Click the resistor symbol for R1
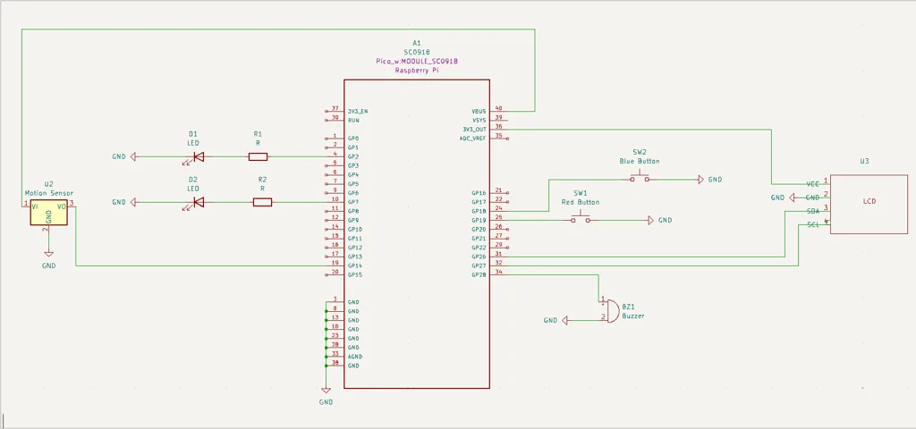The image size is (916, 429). pyautogui.click(x=259, y=156)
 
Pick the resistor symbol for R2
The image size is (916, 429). pyautogui.click(x=262, y=203)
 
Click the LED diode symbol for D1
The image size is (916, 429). pyautogui.click(x=197, y=157)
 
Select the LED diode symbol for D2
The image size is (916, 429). pyautogui.click(x=197, y=203)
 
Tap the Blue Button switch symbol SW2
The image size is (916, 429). pyautogui.click(x=639, y=179)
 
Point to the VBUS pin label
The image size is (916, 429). pyautogui.click(x=479, y=112)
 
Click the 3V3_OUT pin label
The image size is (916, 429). pyautogui.click(x=474, y=129)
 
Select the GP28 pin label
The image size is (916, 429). pyautogui.click(x=479, y=274)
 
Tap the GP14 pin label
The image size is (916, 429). pyautogui.click(x=354, y=265)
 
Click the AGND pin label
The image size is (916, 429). pyautogui.click(x=354, y=356)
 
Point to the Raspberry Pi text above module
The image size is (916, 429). pyautogui.click(x=416, y=71)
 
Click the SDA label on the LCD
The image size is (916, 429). pyautogui.click(x=813, y=211)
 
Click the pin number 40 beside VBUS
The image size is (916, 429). pyautogui.click(x=498, y=108)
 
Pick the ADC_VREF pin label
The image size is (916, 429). pyautogui.click(x=473, y=139)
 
